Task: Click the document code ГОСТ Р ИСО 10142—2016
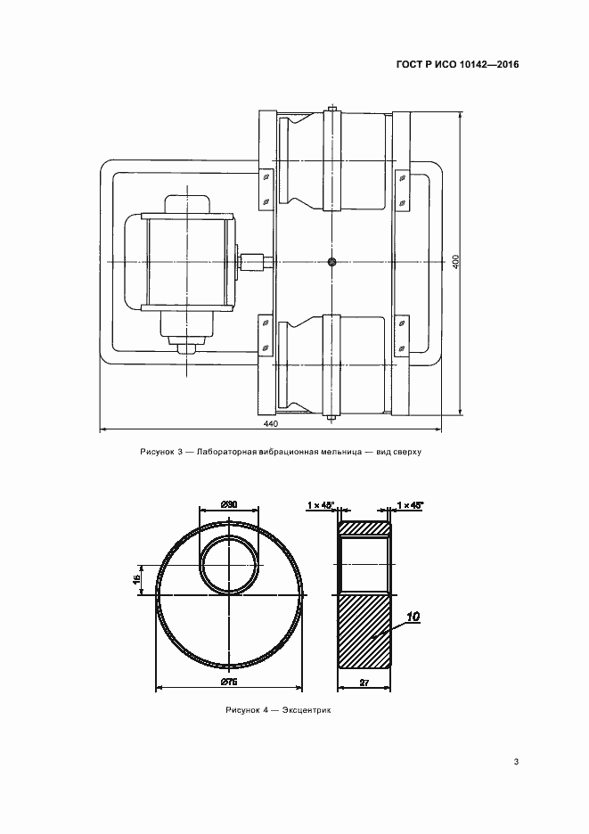pyautogui.click(x=458, y=65)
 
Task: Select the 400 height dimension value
pyautogui.click(x=456, y=262)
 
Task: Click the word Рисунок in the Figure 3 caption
pyautogui.click(x=154, y=452)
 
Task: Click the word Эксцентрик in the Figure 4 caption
pyautogui.click(x=307, y=710)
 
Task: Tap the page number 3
pyautogui.click(x=516, y=762)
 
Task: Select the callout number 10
pyautogui.click(x=413, y=617)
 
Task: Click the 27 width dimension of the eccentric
pyautogui.click(x=364, y=683)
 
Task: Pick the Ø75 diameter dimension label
pyautogui.click(x=228, y=683)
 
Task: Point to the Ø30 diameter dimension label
pyautogui.click(x=228, y=504)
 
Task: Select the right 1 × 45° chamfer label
pyautogui.click(x=410, y=504)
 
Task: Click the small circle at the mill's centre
pyautogui.click(x=332, y=261)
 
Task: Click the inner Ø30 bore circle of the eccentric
pyautogui.click(x=200, y=565)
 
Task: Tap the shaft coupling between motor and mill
pyautogui.click(x=254, y=262)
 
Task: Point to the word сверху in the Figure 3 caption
pyautogui.click(x=407, y=452)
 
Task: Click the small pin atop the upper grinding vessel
pyautogui.click(x=332, y=108)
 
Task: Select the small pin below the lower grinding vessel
pyautogui.click(x=332, y=419)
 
